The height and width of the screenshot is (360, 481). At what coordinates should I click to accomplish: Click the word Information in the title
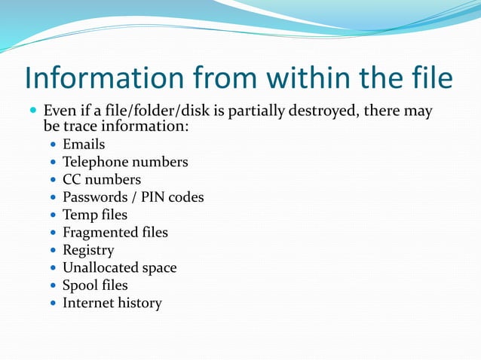(x=103, y=78)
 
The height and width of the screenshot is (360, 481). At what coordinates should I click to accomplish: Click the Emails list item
(x=84, y=144)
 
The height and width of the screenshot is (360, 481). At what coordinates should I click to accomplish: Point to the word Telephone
(x=96, y=162)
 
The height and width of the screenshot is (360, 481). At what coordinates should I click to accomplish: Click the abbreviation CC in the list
(x=72, y=179)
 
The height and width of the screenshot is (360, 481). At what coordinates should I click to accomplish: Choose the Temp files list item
(x=95, y=215)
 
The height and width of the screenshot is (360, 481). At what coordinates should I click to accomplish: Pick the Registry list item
(x=88, y=250)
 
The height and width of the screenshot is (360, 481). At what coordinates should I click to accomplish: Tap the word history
(x=141, y=303)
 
